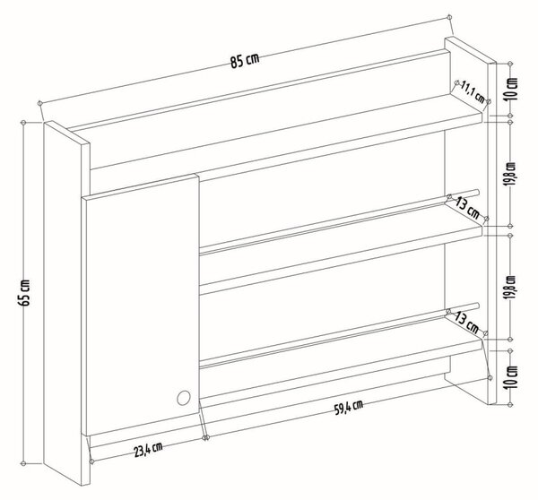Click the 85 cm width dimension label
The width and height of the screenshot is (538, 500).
pos(245,61)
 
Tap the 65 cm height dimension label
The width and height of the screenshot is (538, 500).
pos(25,292)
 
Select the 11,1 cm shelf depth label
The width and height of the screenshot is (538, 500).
pos(473,92)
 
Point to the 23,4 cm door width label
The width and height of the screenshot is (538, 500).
pos(148,450)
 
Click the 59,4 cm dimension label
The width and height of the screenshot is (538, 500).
pos(348,408)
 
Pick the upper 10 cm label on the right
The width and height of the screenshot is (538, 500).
pos(512,89)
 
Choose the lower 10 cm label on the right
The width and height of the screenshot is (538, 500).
pos(512,377)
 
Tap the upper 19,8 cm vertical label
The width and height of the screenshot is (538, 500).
pos(512,174)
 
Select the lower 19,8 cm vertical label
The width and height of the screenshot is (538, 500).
pos(512,288)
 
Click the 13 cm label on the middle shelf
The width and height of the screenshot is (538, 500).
pos(467,209)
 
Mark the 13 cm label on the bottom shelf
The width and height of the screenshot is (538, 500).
pos(466,323)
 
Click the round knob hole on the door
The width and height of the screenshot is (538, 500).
pos(184,398)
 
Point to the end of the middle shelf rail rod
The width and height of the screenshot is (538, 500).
pos(477,192)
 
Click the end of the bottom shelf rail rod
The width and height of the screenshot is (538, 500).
pos(477,305)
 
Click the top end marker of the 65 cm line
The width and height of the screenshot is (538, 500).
pos(23,123)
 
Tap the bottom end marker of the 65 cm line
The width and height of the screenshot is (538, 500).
pos(23,463)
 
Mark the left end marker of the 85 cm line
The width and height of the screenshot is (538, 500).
pos(39,102)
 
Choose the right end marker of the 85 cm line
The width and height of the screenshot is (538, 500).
pos(449,17)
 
